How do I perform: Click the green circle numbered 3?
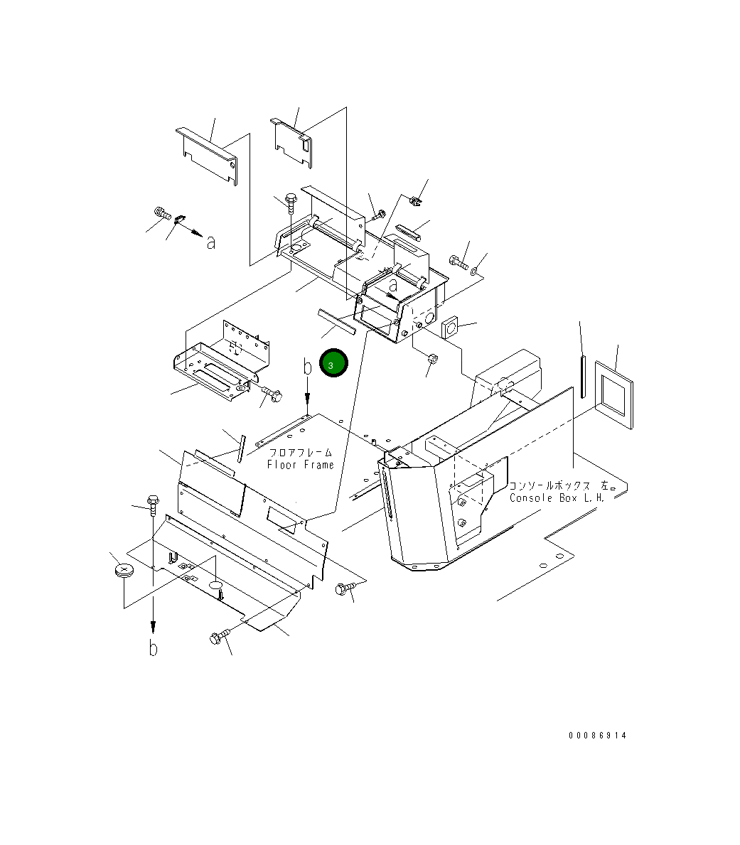pos(333,362)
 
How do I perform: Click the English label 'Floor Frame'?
pos(300,465)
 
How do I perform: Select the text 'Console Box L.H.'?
pos(557,498)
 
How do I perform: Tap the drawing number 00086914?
pos(597,735)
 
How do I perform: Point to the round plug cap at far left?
pos(124,571)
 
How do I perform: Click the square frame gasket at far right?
pos(614,394)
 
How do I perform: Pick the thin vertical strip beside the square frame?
pos(583,376)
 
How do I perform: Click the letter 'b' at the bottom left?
pos(154,647)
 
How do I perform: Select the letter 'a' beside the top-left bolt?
pos(211,243)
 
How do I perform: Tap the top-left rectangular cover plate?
pos(207,156)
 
